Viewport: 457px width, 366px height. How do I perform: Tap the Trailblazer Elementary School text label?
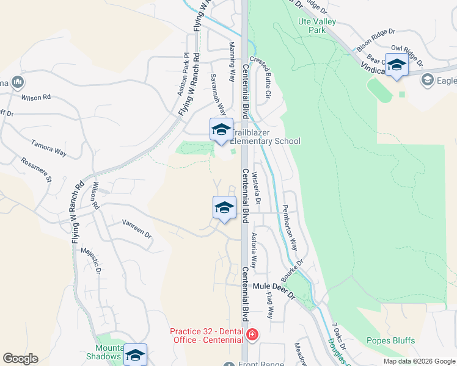[265, 137]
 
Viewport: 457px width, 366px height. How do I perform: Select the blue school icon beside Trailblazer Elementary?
[221, 129]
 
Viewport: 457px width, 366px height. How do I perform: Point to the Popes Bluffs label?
[390, 340]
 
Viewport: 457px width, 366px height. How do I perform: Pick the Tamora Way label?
[49, 148]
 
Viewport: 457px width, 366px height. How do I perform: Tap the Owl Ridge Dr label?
[407, 54]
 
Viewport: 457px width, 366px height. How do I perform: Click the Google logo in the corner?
[20, 359]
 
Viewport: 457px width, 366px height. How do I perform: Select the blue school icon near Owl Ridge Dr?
[396, 65]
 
